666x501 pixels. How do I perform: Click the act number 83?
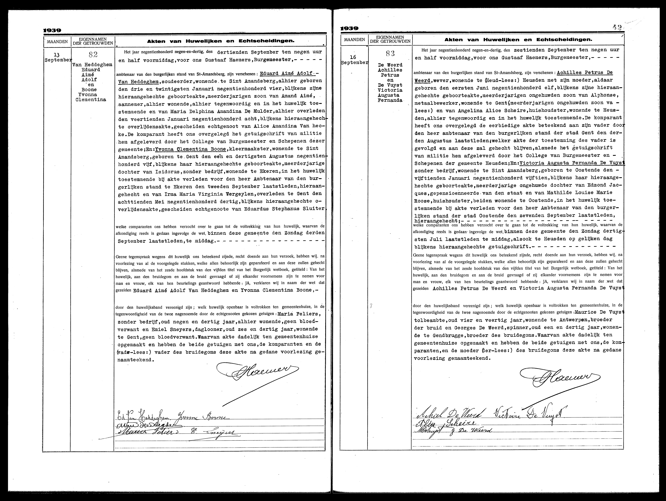[x=390, y=54]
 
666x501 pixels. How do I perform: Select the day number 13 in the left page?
[x=56, y=55]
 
